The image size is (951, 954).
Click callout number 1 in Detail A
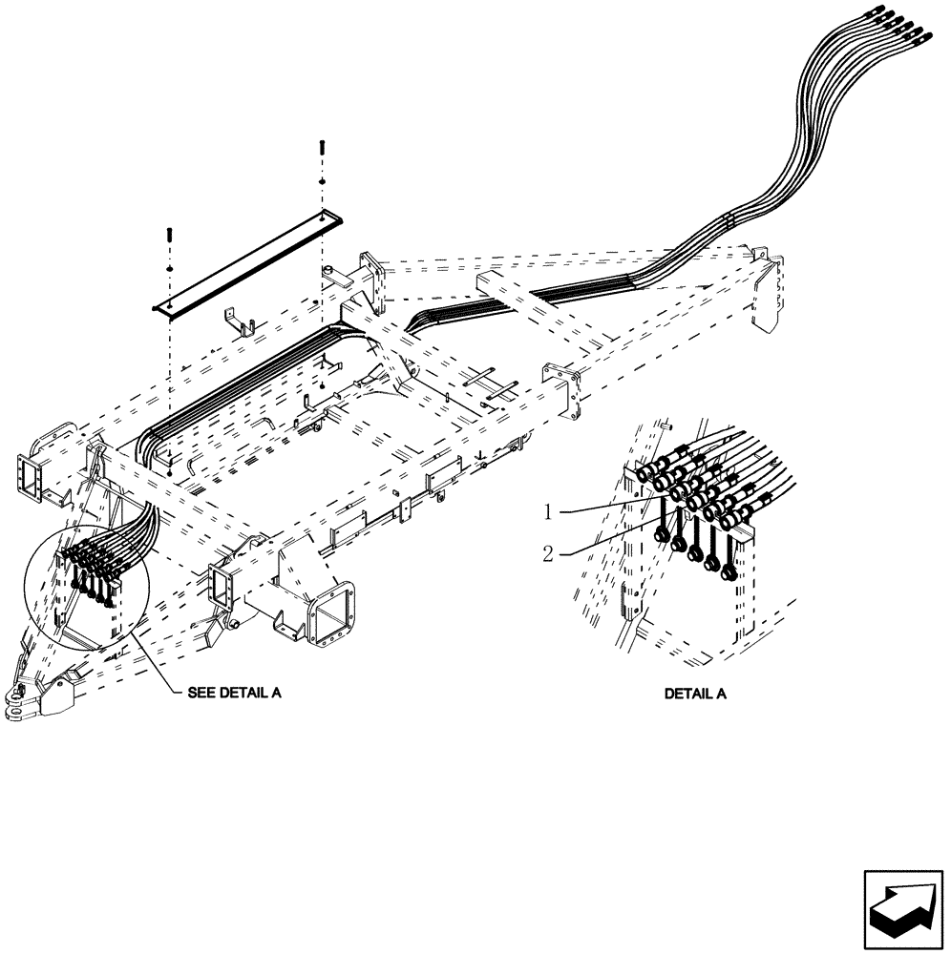click(548, 512)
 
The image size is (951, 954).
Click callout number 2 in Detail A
click(548, 551)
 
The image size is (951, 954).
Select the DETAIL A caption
click(695, 694)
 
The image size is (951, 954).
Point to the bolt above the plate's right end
click(321, 151)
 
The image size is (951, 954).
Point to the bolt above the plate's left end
click(169, 233)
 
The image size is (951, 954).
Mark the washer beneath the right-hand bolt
click(322, 181)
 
